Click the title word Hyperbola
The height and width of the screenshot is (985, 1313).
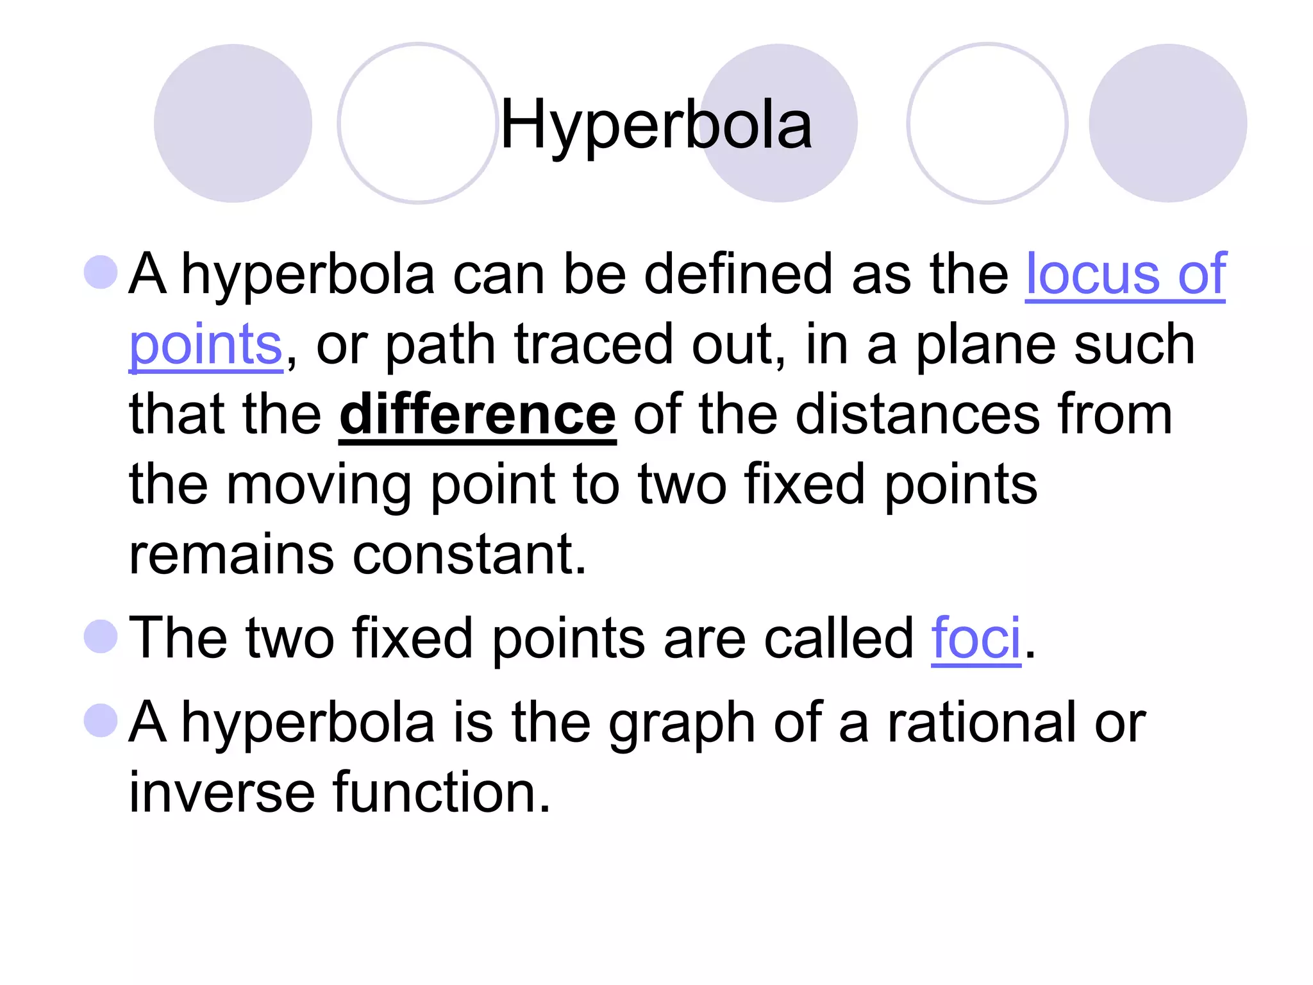click(x=655, y=126)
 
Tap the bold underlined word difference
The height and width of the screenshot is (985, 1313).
click(x=478, y=416)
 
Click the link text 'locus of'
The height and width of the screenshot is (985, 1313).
click(x=1125, y=274)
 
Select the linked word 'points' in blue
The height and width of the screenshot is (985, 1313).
click(x=206, y=346)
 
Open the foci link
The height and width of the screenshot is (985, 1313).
click(x=975, y=639)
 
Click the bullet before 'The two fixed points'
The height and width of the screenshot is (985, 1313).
click(x=101, y=636)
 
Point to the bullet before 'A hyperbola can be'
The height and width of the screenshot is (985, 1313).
click(x=101, y=272)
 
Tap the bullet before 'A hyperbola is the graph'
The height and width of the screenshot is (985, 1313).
click(x=101, y=720)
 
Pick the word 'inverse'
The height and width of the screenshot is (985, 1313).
click(x=222, y=793)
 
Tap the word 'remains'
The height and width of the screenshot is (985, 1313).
click(x=231, y=555)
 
